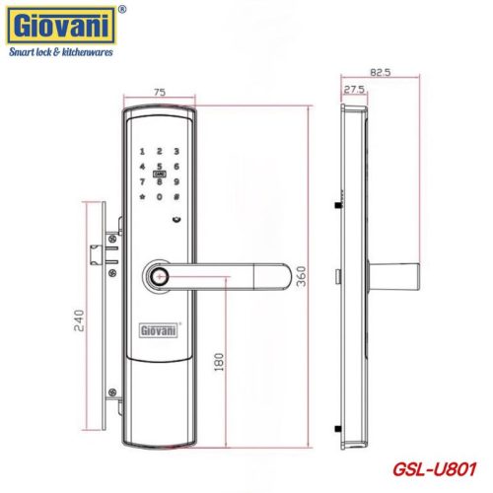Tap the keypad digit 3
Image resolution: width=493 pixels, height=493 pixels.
176,154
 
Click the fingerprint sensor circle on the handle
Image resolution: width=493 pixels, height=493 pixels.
159,277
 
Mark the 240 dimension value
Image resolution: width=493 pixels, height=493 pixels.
81,321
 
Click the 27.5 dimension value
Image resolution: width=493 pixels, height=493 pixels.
353,89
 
